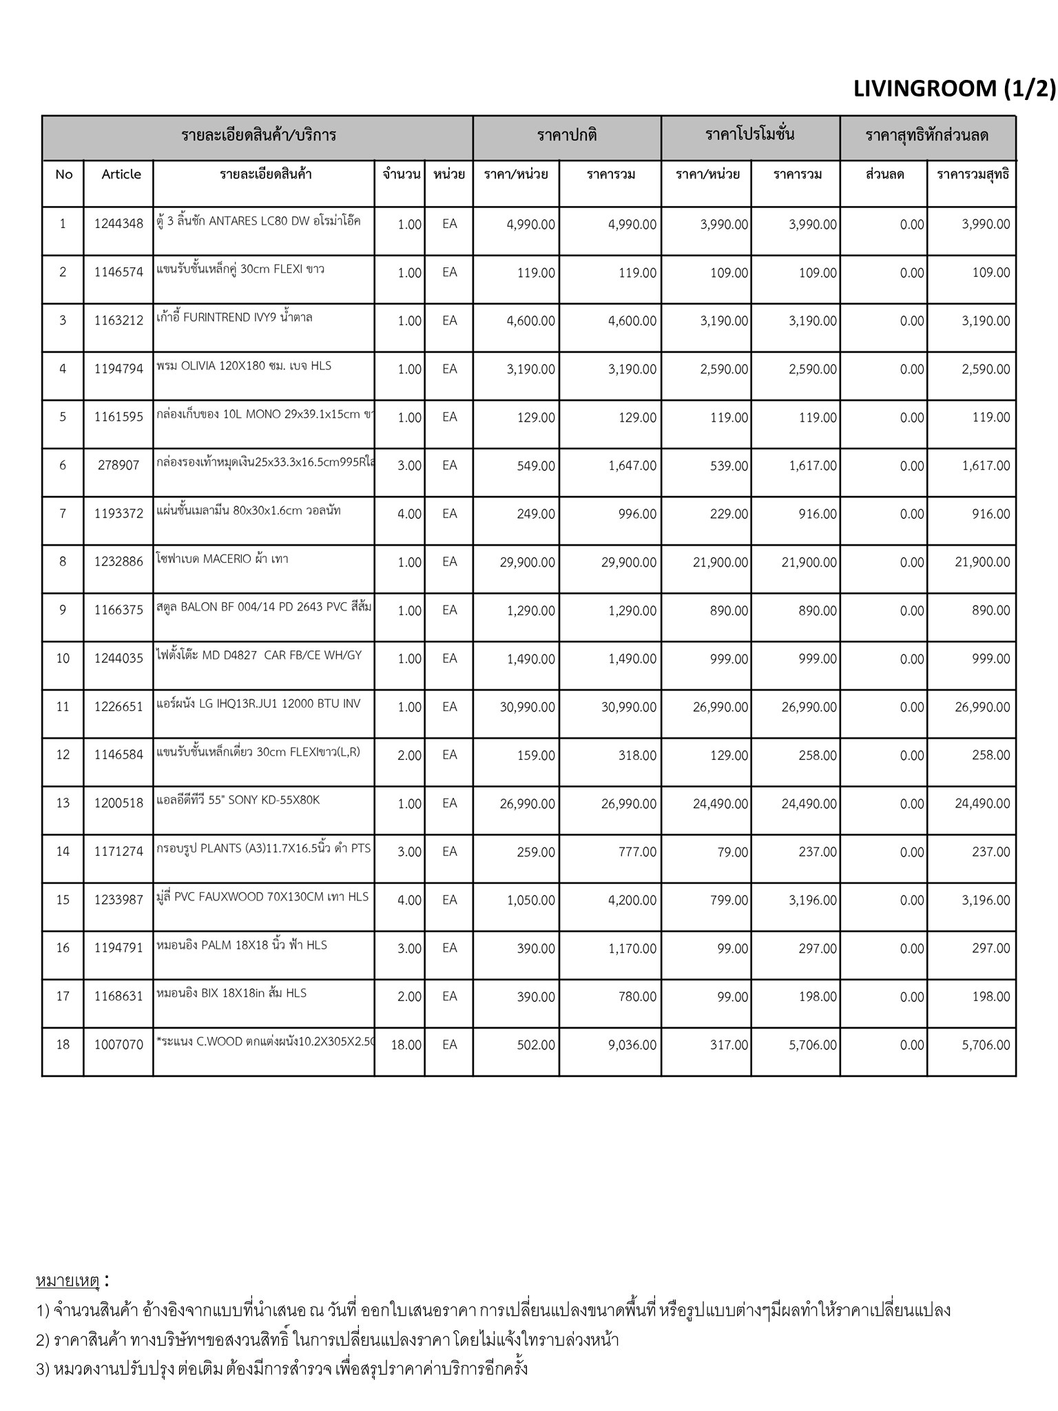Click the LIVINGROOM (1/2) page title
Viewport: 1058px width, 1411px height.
(x=953, y=89)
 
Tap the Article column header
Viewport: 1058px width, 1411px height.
(x=121, y=174)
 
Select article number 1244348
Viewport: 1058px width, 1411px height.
(x=118, y=224)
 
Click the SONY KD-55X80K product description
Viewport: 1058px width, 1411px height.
(x=238, y=801)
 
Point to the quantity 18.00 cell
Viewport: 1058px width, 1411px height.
(x=406, y=1045)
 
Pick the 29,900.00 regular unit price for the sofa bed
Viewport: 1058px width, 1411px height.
(x=527, y=562)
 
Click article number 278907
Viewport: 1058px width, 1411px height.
(x=118, y=466)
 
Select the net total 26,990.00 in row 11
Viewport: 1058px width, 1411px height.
(x=982, y=708)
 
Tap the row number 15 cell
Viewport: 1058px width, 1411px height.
(x=63, y=900)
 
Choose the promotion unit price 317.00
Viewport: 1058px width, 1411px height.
(x=730, y=1045)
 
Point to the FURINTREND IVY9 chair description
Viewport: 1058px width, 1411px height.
(x=234, y=318)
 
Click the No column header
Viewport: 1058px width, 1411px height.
(x=63, y=174)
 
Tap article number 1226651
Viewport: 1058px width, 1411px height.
(x=118, y=708)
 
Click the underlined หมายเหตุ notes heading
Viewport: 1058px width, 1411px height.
(x=68, y=1281)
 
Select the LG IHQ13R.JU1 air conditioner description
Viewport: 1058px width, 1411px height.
(x=258, y=704)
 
